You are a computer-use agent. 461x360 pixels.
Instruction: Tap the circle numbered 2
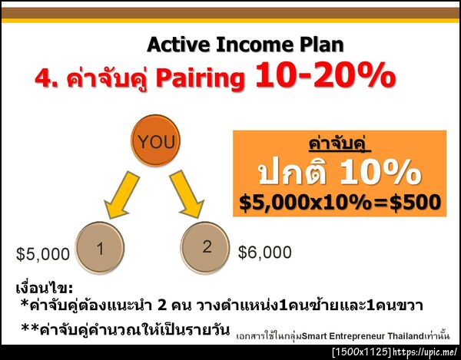[x=207, y=246]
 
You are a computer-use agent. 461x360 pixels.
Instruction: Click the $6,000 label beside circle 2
[x=265, y=252]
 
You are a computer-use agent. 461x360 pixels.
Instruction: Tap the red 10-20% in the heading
[x=325, y=76]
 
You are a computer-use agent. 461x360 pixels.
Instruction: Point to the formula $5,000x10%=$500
[x=339, y=202]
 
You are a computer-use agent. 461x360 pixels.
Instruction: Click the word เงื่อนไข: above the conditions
[x=45, y=289]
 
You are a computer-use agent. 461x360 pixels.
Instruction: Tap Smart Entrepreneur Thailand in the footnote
[x=355, y=336]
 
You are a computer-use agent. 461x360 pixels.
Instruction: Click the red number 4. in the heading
[x=48, y=78]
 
